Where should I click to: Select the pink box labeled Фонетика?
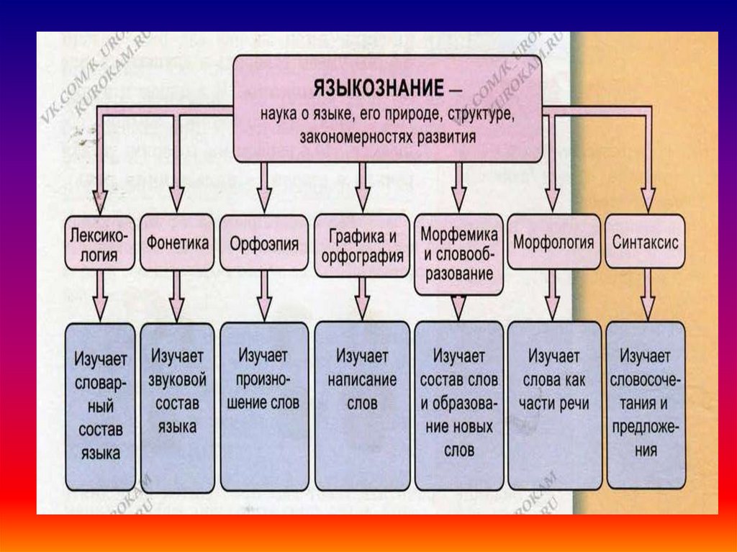[177, 243]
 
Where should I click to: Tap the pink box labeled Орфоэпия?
[264, 243]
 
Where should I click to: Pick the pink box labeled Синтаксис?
[646, 243]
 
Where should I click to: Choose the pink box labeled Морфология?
[553, 243]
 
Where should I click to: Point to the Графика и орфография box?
[362, 245]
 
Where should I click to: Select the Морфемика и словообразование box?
[458, 254]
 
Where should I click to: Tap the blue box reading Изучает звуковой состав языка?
[177, 407]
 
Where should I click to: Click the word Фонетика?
[177, 243]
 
